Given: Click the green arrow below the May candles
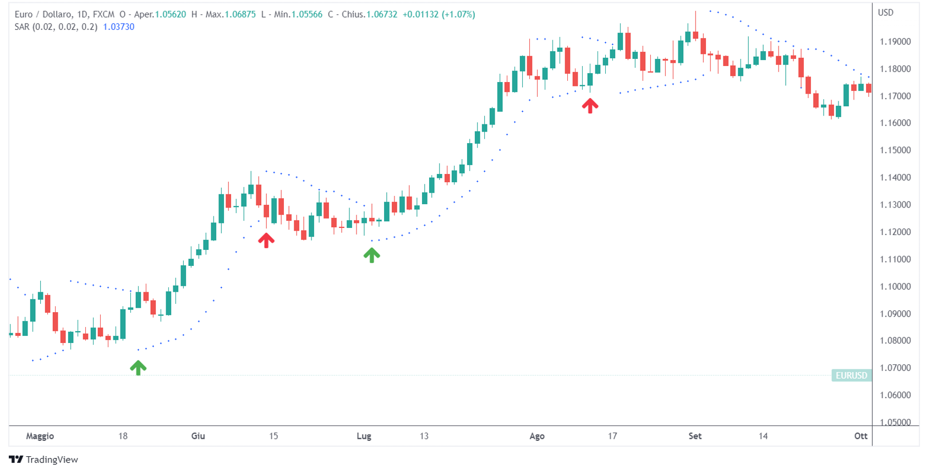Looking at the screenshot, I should (x=138, y=368).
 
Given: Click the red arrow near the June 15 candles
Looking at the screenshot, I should (x=266, y=240).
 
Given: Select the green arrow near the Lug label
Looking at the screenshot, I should (x=371, y=255).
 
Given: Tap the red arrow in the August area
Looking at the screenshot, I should (x=590, y=105).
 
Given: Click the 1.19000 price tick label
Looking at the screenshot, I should (x=895, y=42).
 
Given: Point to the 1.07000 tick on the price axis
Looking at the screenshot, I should (x=895, y=368).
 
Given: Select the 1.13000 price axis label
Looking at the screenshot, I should (x=895, y=205).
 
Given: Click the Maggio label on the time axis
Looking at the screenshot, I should (x=40, y=436).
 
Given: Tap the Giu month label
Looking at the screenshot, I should (x=198, y=436).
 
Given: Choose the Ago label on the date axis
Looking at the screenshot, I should (x=537, y=436).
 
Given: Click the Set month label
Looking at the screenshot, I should (x=695, y=436).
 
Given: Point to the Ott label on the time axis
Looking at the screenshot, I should (x=861, y=436).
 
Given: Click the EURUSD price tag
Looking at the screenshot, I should (x=851, y=375).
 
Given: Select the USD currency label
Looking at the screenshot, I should (x=885, y=13).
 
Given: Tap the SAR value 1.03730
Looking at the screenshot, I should (x=119, y=27).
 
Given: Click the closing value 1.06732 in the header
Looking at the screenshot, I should (x=382, y=14).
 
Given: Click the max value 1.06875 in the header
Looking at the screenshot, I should (x=240, y=14).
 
